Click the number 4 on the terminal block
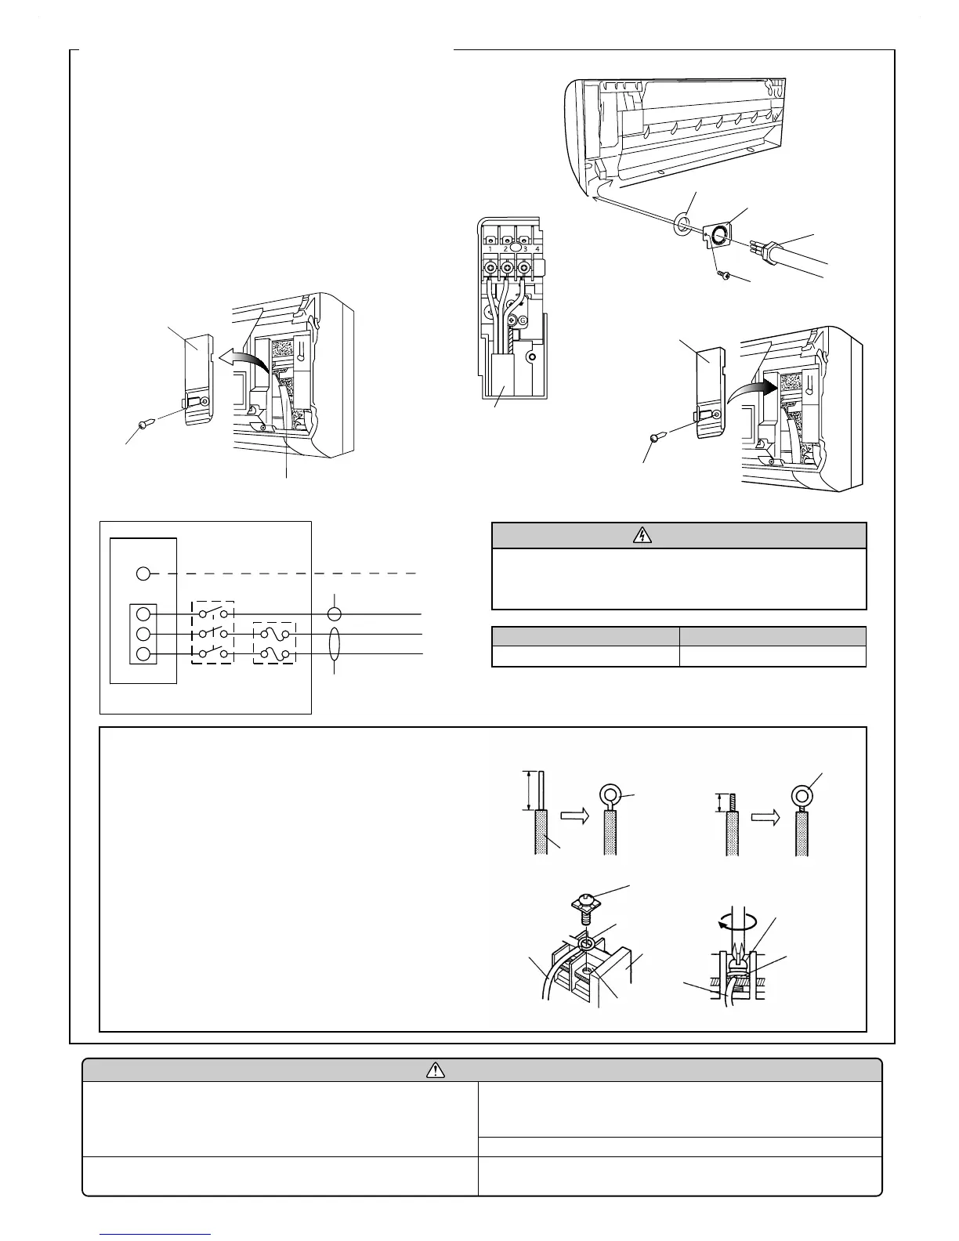pos(537,248)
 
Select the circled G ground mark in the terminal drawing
pos(523,320)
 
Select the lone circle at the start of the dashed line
pos(143,573)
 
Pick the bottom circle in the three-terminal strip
pos(143,654)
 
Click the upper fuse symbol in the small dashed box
pos(273,634)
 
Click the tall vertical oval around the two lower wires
pos(335,644)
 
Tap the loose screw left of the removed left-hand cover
pos(144,423)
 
